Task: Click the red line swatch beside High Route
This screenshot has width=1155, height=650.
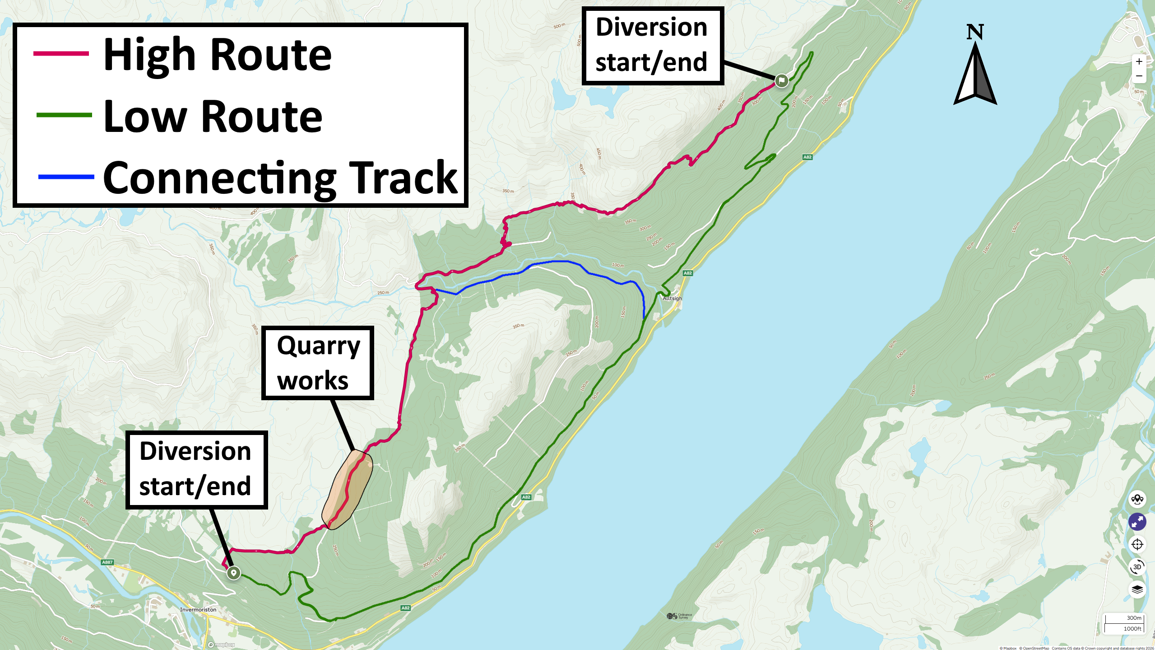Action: [61, 54]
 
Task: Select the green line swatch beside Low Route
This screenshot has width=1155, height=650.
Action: [64, 115]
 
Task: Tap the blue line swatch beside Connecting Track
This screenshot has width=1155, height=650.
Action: [66, 177]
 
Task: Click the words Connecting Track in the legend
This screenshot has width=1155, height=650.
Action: [280, 178]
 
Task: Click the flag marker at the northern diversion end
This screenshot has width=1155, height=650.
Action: [781, 81]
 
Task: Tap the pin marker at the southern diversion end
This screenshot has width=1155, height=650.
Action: [233, 573]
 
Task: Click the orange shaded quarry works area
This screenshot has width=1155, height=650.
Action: [348, 490]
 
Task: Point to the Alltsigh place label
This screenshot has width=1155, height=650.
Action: [672, 298]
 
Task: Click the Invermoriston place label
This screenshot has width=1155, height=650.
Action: [198, 609]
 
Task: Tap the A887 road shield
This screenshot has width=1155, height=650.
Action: [107, 562]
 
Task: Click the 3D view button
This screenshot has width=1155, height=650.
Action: [1137, 567]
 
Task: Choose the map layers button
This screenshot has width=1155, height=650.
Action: [1137, 589]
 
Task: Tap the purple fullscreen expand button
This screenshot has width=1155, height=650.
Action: [1137, 522]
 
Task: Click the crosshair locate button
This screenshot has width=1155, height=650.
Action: [1137, 544]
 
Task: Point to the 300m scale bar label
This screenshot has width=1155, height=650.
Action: [1134, 618]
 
